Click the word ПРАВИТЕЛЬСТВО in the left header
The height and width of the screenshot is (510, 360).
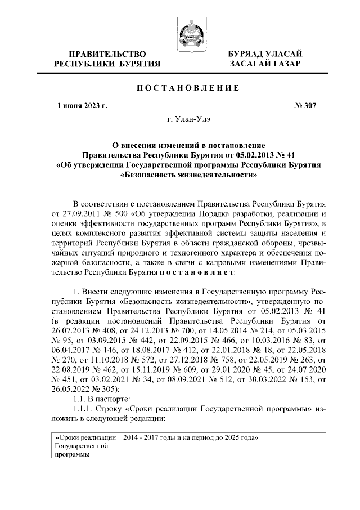pyautogui.click(x=107, y=53)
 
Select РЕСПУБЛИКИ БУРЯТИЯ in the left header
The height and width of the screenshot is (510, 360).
pyautogui.click(x=107, y=64)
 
